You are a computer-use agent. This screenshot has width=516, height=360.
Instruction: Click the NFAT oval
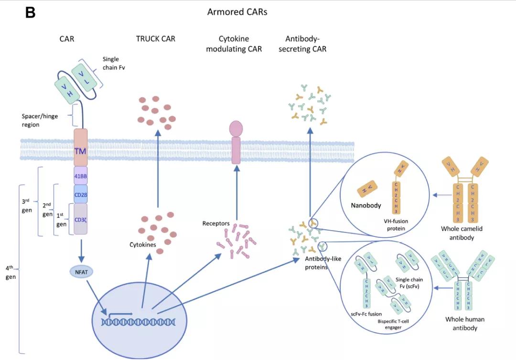click(78, 272)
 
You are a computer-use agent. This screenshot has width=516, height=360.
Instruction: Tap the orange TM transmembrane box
click(80, 151)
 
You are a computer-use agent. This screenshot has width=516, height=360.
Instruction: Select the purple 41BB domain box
click(80, 175)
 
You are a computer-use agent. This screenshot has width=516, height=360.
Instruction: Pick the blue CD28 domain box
click(80, 194)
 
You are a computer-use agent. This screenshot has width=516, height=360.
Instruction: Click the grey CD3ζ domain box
click(80, 219)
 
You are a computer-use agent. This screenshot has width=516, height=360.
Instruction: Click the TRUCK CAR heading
click(155, 39)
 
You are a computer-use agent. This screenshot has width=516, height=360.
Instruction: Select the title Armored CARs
click(237, 12)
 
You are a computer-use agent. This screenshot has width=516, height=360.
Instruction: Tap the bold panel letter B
click(31, 13)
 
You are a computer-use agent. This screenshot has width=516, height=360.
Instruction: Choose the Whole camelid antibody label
click(462, 233)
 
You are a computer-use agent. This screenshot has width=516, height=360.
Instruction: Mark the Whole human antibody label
click(461, 324)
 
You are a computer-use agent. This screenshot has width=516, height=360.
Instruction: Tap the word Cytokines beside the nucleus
click(143, 244)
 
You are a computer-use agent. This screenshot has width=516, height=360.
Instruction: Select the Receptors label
click(216, 223)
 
